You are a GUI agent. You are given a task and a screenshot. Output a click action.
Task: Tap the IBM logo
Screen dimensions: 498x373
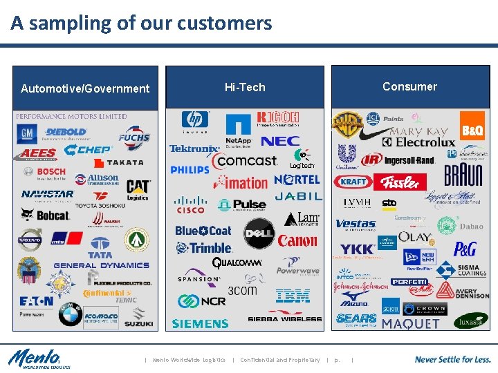[x=293, y=296]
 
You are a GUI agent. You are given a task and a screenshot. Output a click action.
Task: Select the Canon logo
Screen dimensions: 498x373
[x=297, y=241]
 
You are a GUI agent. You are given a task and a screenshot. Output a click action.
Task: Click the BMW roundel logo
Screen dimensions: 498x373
[x=70, y=315]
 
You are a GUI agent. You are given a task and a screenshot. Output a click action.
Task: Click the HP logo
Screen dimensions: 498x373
[x=195, y=122]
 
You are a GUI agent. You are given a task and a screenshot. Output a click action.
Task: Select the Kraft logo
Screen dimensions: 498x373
[x=353, y=182]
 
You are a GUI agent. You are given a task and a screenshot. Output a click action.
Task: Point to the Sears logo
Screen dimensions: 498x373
[x=356, y=319]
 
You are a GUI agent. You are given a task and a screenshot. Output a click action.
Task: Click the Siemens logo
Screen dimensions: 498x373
[x=200, y=323]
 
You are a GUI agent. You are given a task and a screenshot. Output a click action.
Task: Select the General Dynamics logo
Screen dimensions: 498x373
[x=101, y=265]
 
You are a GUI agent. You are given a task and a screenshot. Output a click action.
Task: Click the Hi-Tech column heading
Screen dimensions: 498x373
[x=245, y=87]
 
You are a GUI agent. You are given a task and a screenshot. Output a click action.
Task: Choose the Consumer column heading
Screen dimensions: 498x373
[x=409, y=86]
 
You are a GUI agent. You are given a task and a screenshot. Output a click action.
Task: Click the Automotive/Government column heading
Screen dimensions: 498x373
[x=85, y=88]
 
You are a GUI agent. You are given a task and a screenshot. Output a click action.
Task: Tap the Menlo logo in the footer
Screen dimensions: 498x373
[x=35, y=359]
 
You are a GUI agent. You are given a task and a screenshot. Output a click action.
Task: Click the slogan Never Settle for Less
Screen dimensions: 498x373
[x=452, y=359]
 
